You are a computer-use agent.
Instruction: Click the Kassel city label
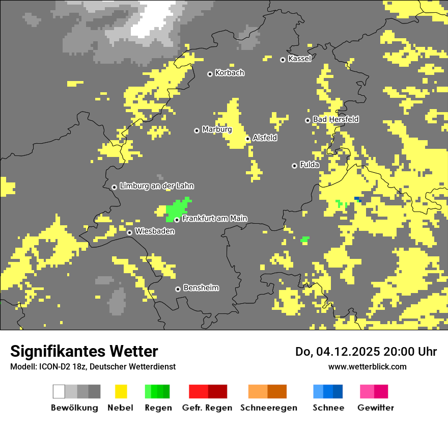point(299,59)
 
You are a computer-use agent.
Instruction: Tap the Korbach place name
point(230,73)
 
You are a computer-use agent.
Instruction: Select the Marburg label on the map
point(217,129)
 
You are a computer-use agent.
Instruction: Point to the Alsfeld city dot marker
point(248,139)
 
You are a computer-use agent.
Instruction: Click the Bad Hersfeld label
point(335,119)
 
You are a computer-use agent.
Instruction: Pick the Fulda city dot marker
point(294,166)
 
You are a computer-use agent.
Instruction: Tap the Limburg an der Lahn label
point(156,186)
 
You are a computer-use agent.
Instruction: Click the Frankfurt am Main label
point(214,218)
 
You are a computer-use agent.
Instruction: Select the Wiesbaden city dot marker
point(130,232)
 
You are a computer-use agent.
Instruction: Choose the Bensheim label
point(201,287)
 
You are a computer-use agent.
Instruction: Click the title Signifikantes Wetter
point(84,351)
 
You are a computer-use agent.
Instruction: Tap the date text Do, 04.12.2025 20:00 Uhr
point(366,352)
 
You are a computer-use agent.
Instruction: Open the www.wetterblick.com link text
point(367,366)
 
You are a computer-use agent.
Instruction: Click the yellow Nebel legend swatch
point(121,391)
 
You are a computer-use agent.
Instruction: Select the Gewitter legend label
point(375,408)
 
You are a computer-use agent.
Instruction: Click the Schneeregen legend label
point(268,408)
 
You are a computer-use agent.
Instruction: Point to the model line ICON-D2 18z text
point(93,366)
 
